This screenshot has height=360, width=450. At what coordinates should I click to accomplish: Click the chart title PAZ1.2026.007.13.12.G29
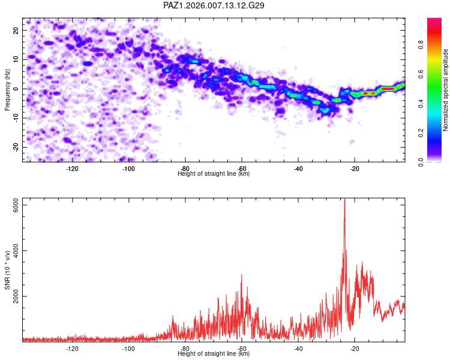coord(214,5)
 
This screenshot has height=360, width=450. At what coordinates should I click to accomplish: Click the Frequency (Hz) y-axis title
coord(7,89)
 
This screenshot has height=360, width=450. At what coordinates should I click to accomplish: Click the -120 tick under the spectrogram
coord(72,169)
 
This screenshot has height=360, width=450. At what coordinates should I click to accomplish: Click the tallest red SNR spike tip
coord(344,199)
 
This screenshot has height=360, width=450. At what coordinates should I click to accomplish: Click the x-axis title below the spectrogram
coord(214,174)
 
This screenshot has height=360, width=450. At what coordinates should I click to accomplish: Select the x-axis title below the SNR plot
coord(214,354)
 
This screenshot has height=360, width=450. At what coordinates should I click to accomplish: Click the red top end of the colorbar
coord(435,21)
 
